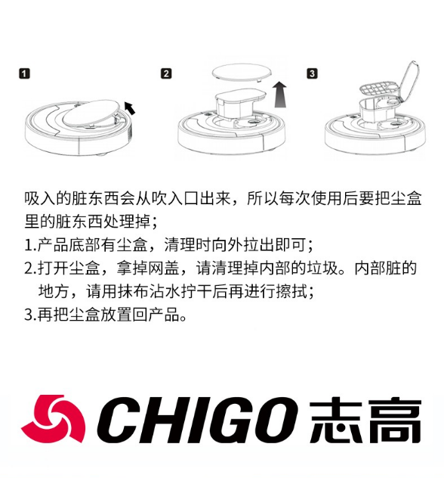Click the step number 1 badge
pos(25,74)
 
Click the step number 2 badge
pos(166,74)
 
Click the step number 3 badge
pos(312,74)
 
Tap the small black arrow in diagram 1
pos(130,108)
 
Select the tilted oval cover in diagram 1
pos(91,113)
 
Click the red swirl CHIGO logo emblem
pos(53,418)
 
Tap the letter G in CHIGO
pos(215,420)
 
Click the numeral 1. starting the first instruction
pos(30,245)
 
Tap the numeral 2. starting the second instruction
pos(30,268)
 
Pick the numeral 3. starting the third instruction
pos(30,315)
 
